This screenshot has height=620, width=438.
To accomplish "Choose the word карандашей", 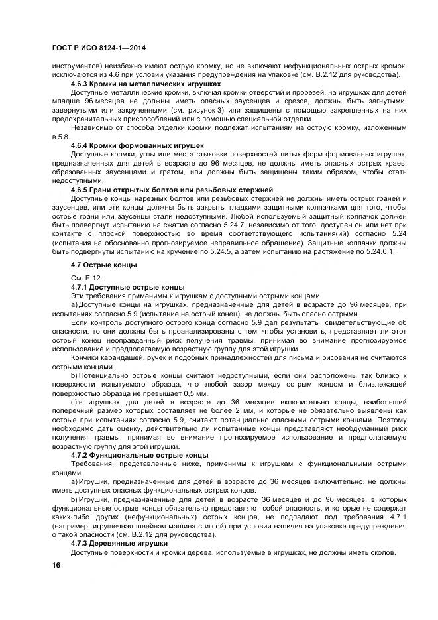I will pyautogui.click(x=122, y=357).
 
